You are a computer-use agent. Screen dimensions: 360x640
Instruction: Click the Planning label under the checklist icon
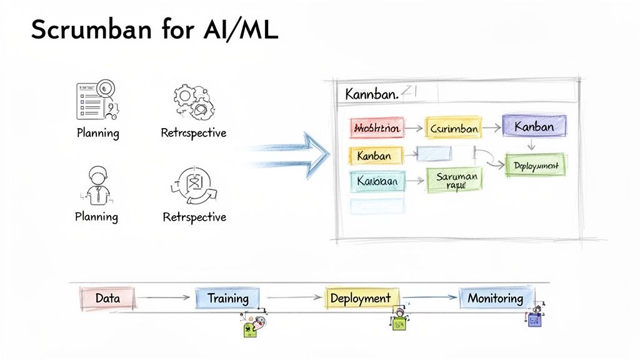click(97, 133)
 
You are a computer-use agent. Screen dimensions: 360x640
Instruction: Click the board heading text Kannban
click(371, 95)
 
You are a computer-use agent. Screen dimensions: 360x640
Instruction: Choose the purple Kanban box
click(534, 126)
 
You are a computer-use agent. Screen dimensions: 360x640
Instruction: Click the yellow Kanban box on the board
click(374, 155)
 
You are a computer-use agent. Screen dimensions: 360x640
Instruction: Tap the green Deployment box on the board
click(536, 165)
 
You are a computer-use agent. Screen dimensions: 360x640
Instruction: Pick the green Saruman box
click(456, 180)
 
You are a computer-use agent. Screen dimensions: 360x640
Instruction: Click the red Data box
click(107, 298)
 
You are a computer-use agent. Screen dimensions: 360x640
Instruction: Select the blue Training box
click(227, 298)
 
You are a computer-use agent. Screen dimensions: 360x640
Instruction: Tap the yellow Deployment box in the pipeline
click(360, 298)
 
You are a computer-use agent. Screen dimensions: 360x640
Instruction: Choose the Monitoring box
click(495, 298)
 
